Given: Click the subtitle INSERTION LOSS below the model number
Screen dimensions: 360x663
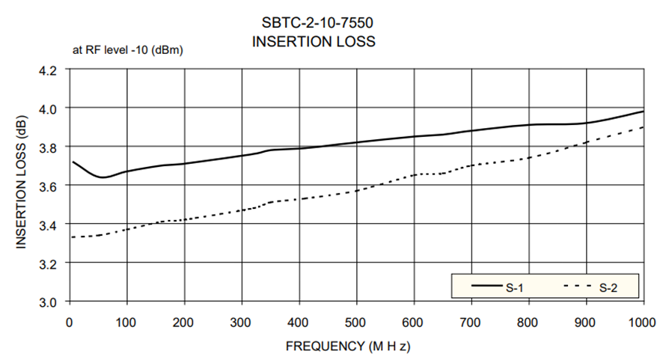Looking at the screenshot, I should pos(314,41).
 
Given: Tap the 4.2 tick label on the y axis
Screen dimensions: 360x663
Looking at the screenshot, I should pos(49,70).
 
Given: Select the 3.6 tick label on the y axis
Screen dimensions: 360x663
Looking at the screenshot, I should pos(49,186).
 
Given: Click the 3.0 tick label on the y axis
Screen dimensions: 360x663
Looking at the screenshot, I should pos(49,302).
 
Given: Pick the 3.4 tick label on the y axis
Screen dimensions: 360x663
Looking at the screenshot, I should pos(49,225).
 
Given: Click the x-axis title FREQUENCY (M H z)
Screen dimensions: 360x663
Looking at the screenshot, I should pos(349,347).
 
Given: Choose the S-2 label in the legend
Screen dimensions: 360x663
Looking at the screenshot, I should pos(608,287).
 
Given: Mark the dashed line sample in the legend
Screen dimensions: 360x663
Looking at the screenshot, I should pos(576,287).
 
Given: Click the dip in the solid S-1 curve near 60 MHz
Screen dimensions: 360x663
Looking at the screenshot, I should pos(103,177).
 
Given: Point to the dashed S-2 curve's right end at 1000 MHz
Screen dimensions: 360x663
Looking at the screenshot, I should pos(644,127).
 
